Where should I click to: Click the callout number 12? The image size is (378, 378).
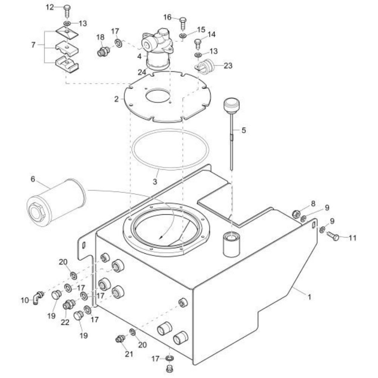[x=50, y=7]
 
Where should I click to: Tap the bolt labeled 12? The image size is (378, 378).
[x=67, y=10]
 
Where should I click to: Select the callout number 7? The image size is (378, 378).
[x=33, y=45]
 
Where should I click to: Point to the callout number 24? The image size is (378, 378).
[x=142, y=72]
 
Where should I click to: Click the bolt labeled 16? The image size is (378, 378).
[x=183, y=23]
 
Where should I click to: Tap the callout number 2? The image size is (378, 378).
[x=116, y=99]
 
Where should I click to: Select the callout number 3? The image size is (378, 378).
[x=155, y=181]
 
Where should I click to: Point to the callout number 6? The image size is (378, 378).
[x=33, y=179]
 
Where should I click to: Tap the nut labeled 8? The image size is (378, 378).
[x=296, y=214]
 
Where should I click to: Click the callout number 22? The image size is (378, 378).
[x=65, y=322]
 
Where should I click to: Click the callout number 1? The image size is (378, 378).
[x=309, y=297]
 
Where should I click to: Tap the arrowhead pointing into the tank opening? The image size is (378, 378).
[x=161, y=237]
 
